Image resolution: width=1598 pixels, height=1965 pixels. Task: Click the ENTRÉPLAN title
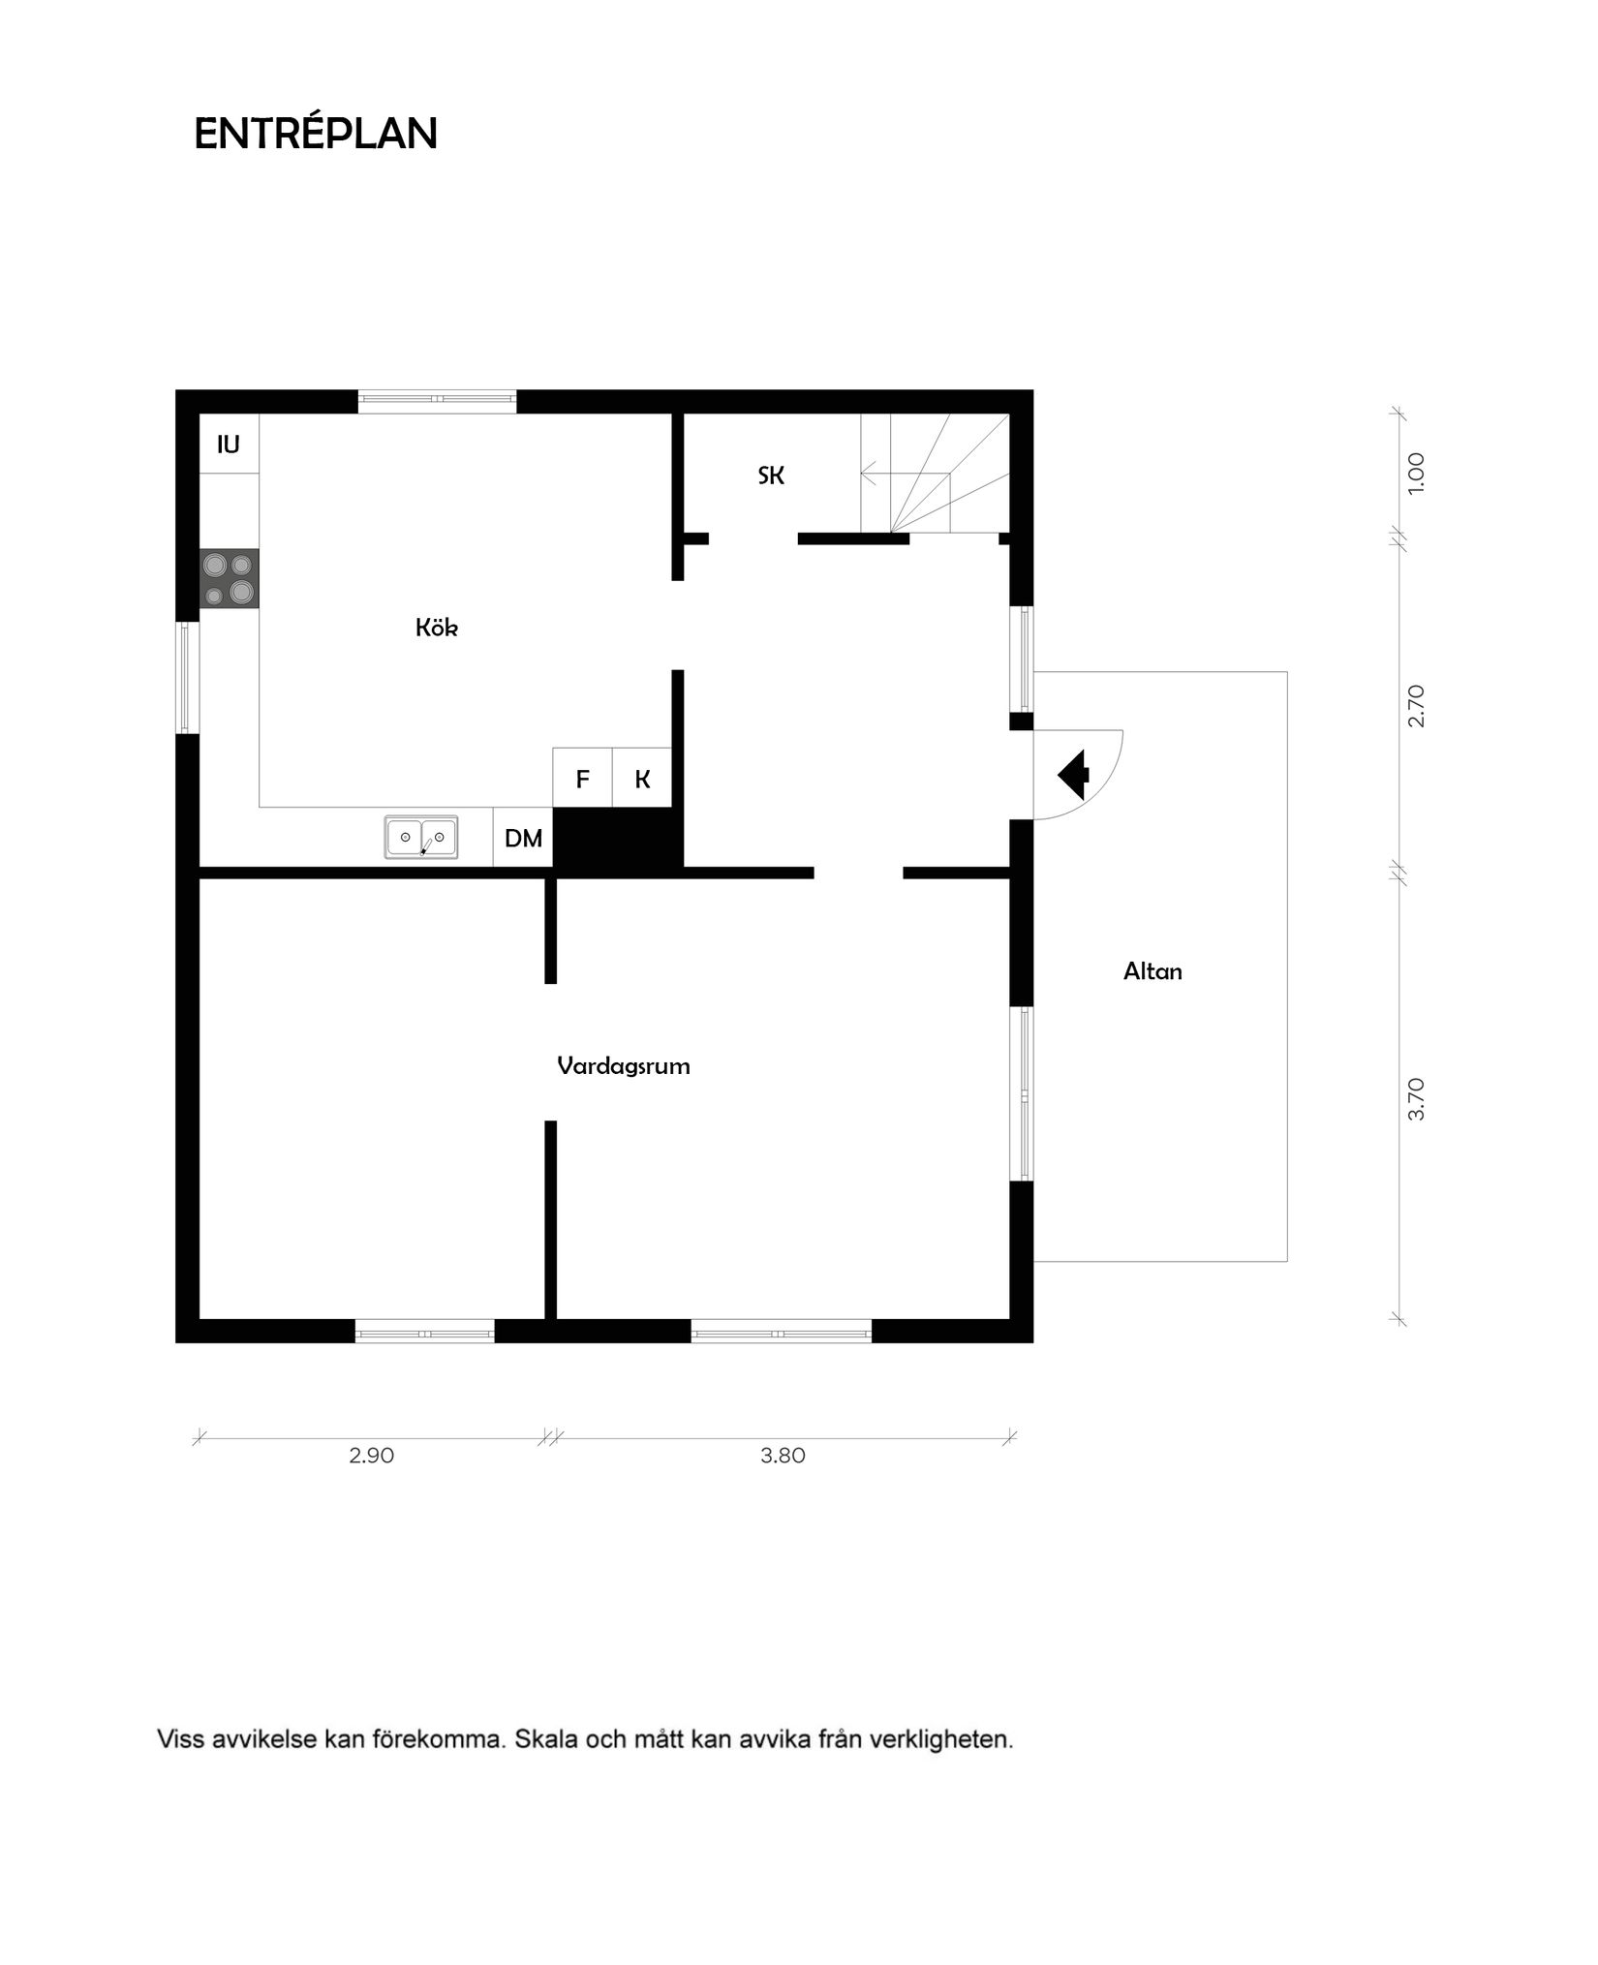click(x=316, y=134)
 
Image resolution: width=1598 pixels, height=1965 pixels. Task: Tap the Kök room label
click(x=436, y=628)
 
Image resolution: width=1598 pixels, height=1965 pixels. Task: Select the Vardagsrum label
click(x=623, y=1066)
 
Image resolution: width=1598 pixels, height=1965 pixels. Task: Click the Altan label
click(x=1152, y=971)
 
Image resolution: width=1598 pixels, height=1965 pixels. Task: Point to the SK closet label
click(x=771, y=476)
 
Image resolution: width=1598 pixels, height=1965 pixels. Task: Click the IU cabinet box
click(x=229, y=445)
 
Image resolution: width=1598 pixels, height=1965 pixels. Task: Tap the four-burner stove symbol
click(x=230, y=578)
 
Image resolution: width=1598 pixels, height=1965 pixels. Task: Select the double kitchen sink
click(x=421, y=837)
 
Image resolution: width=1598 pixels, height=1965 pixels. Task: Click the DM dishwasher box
click(x=523, y=838)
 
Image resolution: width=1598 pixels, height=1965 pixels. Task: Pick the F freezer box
click(x=582, y=779)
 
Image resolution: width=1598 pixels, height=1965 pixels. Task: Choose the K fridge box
click(x=642, y=779)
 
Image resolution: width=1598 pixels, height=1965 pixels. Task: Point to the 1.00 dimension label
click(x=1416, y=474)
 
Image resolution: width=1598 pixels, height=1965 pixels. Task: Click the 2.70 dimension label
click(x=1416, y=705)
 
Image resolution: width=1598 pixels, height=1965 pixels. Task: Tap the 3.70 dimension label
click(x=1416, y=1099)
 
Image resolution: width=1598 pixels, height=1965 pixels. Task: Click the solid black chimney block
click(x=617, y=839)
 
